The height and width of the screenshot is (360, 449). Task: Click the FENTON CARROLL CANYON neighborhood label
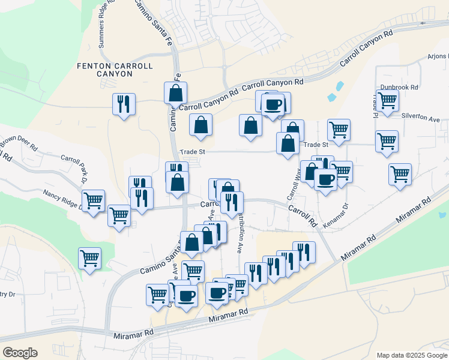point(115,69)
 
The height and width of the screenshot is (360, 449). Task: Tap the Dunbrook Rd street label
point(399,87)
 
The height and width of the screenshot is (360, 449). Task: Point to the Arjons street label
point(437,57)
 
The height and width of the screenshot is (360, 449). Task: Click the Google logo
point(19,353)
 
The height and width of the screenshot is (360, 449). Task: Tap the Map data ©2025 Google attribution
point(411,355)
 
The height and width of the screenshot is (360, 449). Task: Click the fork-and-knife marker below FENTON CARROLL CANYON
point(124,103)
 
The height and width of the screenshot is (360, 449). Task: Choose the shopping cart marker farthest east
point(400,174)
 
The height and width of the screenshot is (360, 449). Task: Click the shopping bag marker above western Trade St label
point(200,124)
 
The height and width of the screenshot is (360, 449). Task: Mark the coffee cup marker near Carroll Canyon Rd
point(273,104)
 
